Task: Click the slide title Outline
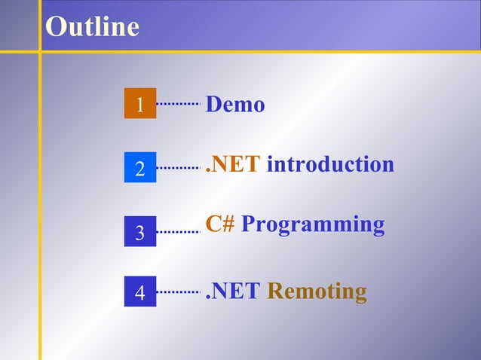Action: pyautogui.click(x=92, y=26)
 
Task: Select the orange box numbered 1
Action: pyautogui.click(x=140, y=104)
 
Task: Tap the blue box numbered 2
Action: pyautogui.click(x=140, y=168)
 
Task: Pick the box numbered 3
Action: pyautogui.click(x=140, y=232)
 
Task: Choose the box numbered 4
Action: pyautogui.click(x=140, y=291)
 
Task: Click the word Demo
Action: pyautogui.click(x=235, y=105)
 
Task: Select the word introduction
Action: pyautogui.click(x=330, y=164)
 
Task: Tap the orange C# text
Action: pyautogui.click(x=220, y=224)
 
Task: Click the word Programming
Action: pyautogui.click(x=313, y=225)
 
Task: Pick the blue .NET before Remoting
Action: pyautogui.click(x=234, y=291)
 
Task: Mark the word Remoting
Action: pyautogui.click(x=317, y=291)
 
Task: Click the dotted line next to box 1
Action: pyautogui.click(x=179, y=104)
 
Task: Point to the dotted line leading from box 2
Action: pyautogui.click(x=179, y=168)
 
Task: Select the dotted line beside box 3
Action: pyautogui.click(x=179, y=232)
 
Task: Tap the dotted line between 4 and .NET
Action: pyautogui.click(x=179, y=291)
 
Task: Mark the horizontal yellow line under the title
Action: pyautogui.click(x=256, y=52)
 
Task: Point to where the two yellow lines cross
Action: pyautogui.click(x=40, y=52)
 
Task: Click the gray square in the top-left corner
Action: pyautogui.click(x=19, y=25)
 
